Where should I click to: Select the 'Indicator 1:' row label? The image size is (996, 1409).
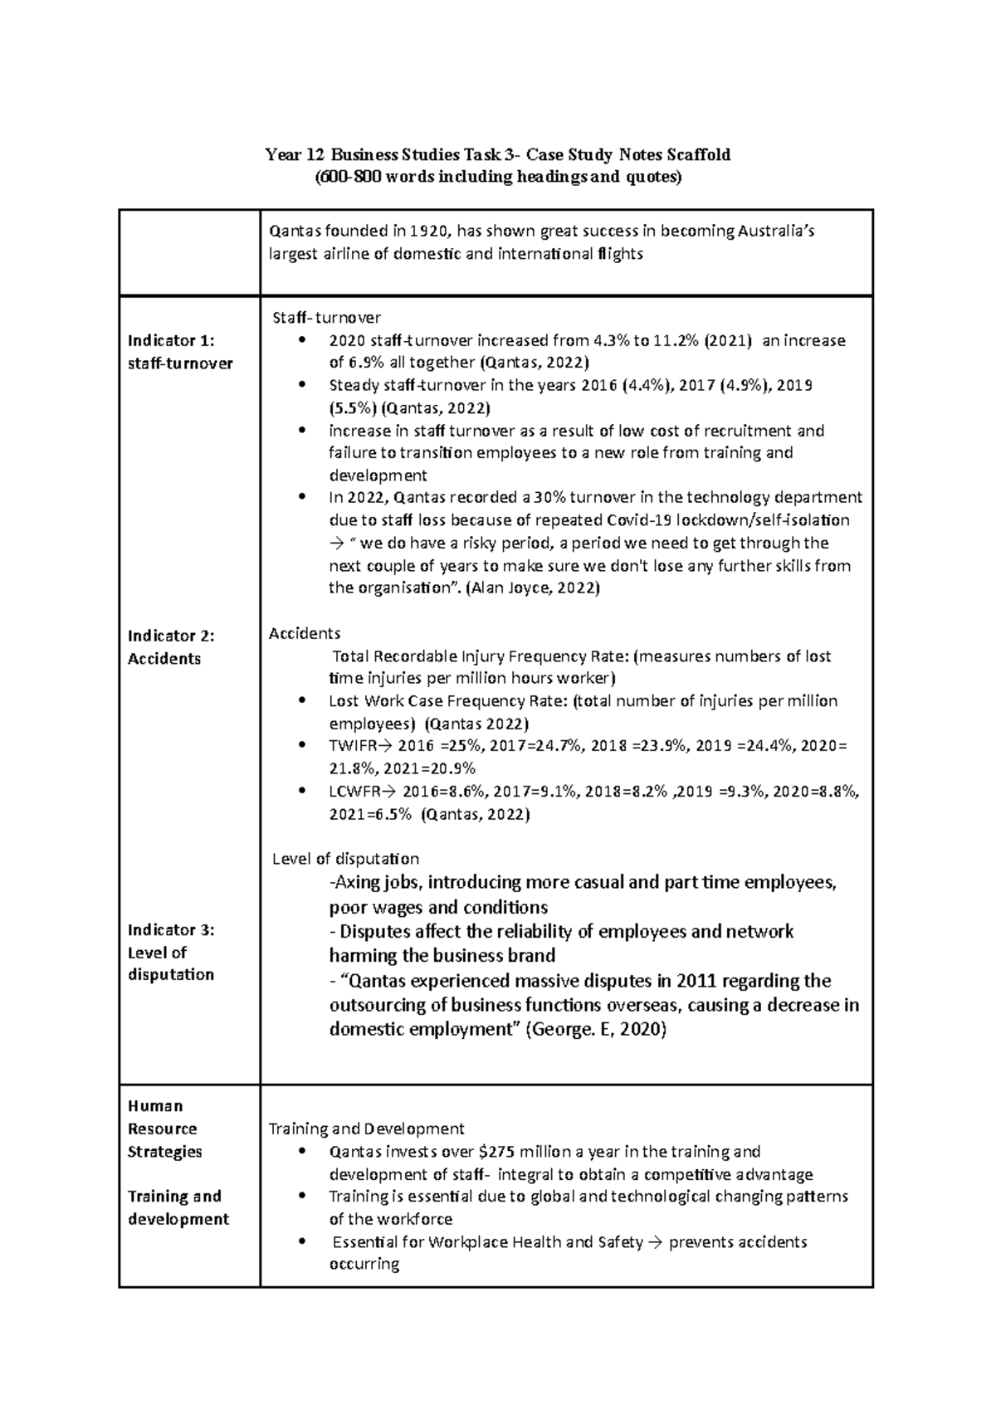[171, 340]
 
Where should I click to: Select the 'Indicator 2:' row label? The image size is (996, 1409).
[171, 636]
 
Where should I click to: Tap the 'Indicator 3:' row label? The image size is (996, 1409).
[171, 929]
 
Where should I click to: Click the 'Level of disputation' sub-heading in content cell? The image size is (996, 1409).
[345, 858]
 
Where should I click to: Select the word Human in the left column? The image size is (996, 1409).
[155, 1106]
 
